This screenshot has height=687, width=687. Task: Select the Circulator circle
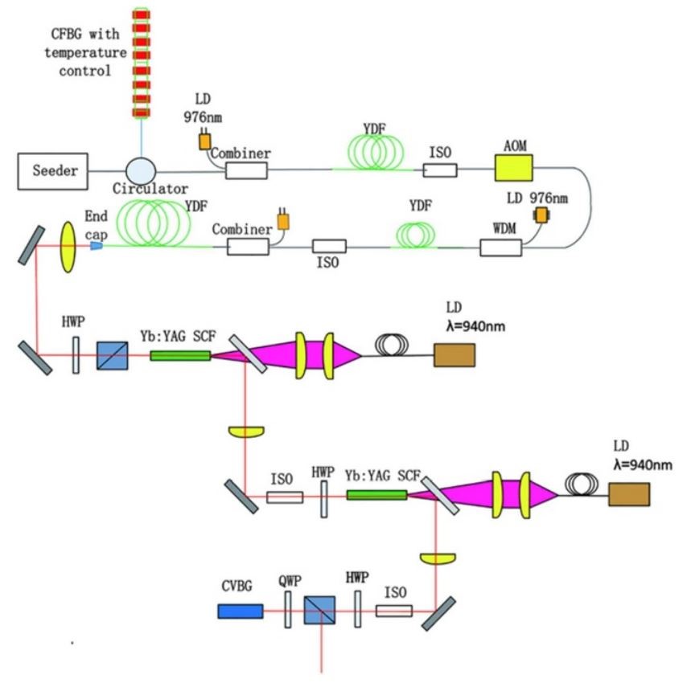point(141,170)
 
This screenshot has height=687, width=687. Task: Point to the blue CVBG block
point(240,611)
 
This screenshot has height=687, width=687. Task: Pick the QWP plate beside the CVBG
point(287,611)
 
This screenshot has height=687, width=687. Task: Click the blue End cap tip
point(96,245)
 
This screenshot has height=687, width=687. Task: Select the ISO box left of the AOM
point(440,170)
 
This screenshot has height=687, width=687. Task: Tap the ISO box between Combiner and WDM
point(330,246)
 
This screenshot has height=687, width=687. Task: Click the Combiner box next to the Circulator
point(246,170)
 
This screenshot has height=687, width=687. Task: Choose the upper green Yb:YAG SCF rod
point(180,354)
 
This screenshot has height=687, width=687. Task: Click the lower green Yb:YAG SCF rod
point(376,494)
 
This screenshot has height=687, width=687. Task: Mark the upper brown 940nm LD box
point(454,354)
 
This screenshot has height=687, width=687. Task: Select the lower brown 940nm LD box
point(628,494)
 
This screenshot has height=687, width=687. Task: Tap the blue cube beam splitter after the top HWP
point(111,355)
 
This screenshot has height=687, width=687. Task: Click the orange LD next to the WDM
point(541,215)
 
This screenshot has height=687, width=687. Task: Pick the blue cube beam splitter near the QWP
point(319,611)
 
